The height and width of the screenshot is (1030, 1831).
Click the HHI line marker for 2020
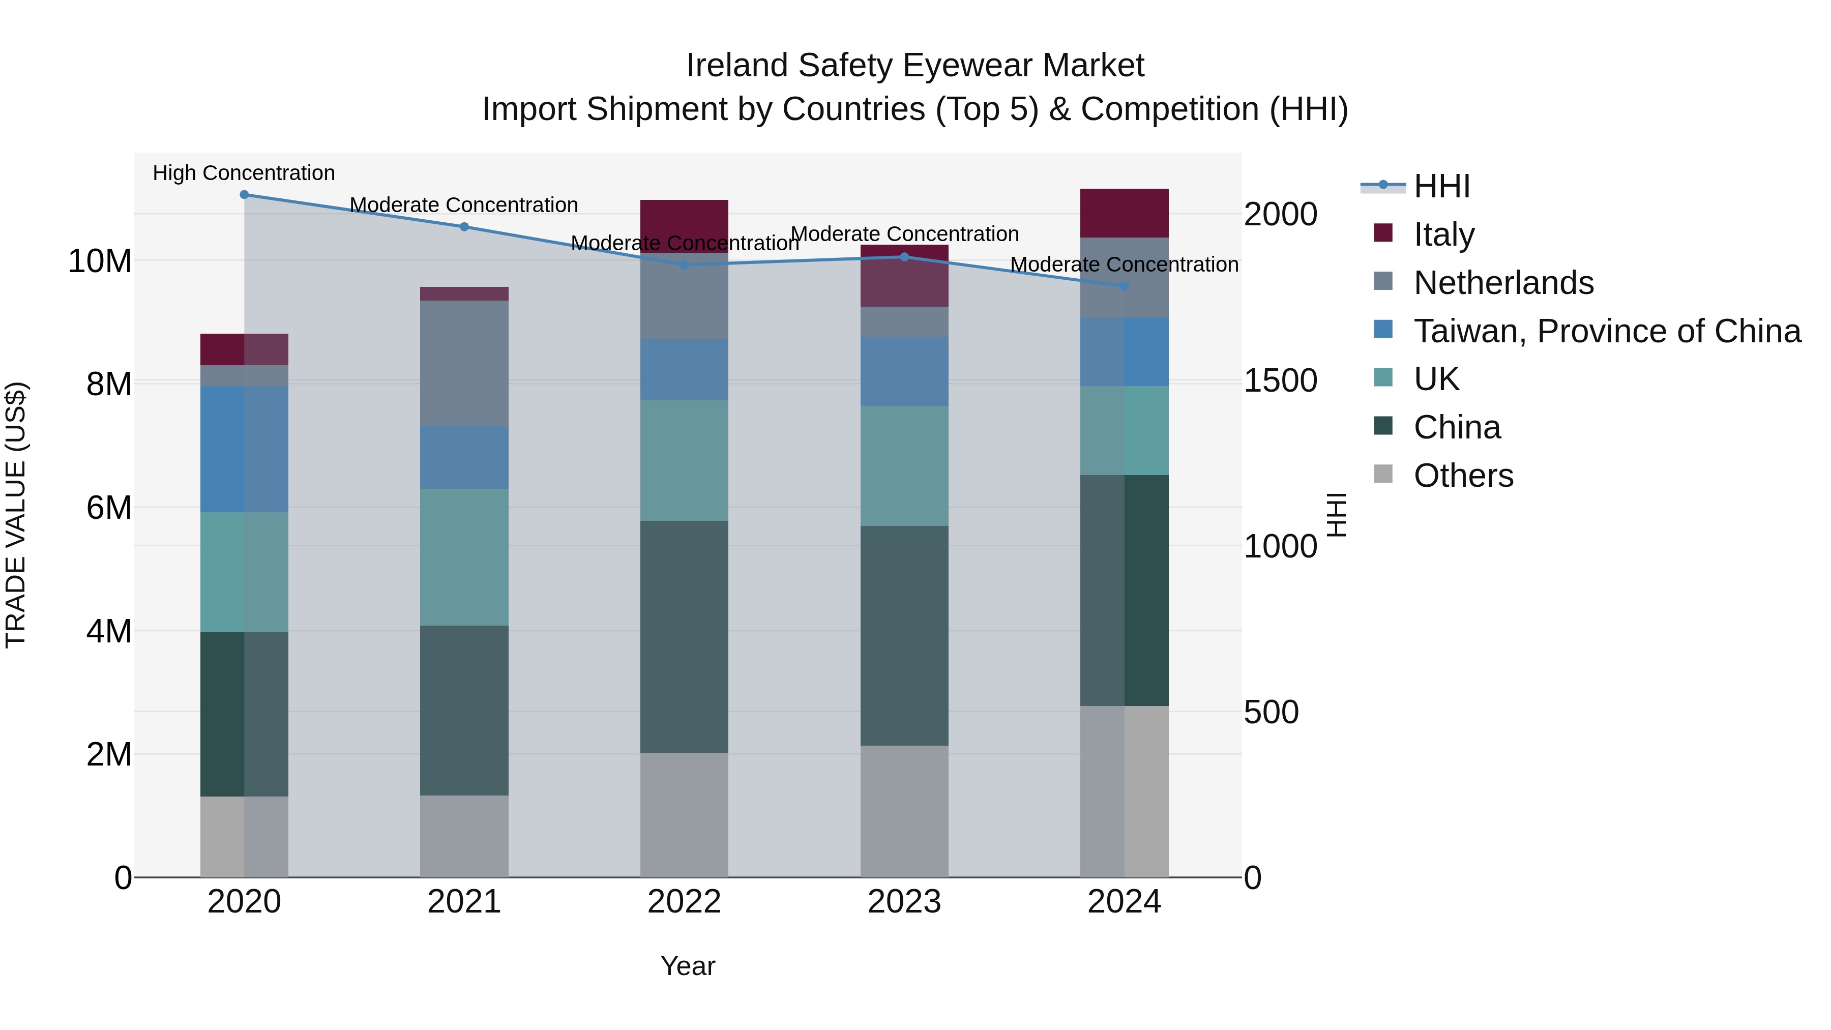pyautogui.click(x=244, y=194)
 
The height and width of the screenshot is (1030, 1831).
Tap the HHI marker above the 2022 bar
pyautogui.click(x=684, y=264)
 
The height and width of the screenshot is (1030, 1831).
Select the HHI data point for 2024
pyautogui.click(x=1124, y=286)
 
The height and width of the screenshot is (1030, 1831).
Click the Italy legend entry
pyautogui.click(x=1443, y=234)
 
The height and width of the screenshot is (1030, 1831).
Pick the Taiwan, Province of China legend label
pyautogui.click(x=1606, y=331)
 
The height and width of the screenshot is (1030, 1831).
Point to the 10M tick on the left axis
pyautogui.click(x=100, y=261)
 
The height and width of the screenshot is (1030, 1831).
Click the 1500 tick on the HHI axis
pyautogui.click(x=1280, y=380)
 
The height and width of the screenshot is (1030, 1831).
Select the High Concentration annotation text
pyautogui.click(x=244, y=173)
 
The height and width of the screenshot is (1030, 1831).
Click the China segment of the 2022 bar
pyautogui.click(x=684, y=636)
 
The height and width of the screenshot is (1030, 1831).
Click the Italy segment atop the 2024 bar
pyautogui.click(x=1124, y=213)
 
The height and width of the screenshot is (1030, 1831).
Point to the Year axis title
pyautogui.click(x=687, y=966)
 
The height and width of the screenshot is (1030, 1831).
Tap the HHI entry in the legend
pyautogui.click(x=1441, y=186)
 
